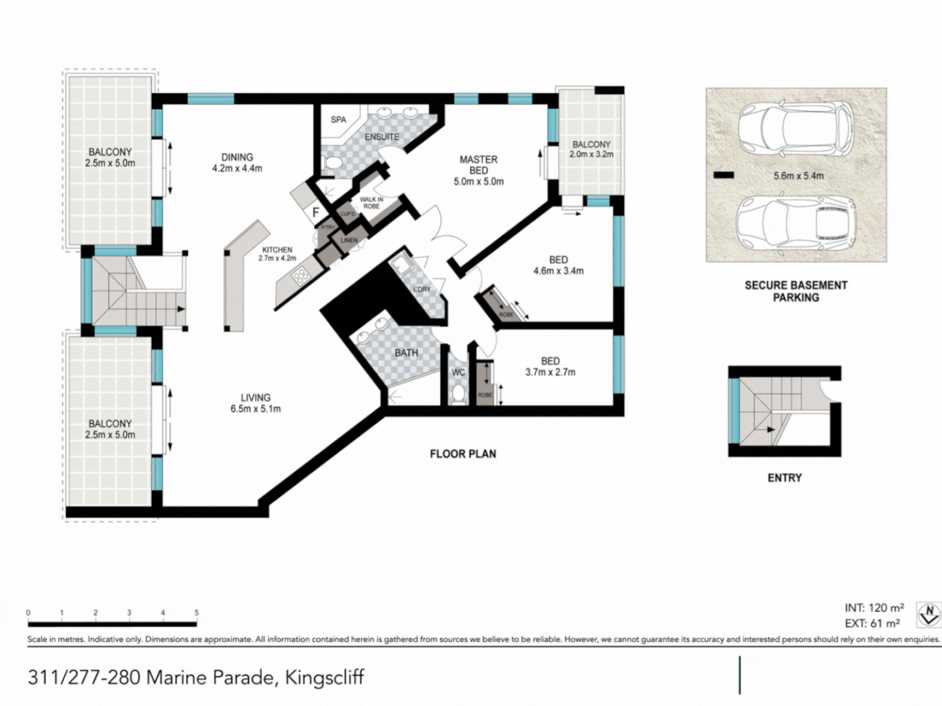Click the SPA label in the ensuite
(x=338, y=120)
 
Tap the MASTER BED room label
(x=478, y=170)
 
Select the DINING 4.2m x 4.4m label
(x=237, y=163)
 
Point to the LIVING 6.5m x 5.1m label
(x=255, y=403)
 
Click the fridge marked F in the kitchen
(x=315, y=212)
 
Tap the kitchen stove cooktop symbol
(x=301, y=277)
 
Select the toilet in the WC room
(x=459, y=394)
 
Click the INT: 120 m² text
(x=874, y=608)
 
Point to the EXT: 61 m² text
(x=872, y=624)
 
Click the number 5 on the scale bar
(x=196, y=613)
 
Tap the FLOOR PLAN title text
(x=462, y=454)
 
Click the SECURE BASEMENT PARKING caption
(x=795, y=291)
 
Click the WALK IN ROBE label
(x=371, y=203)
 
